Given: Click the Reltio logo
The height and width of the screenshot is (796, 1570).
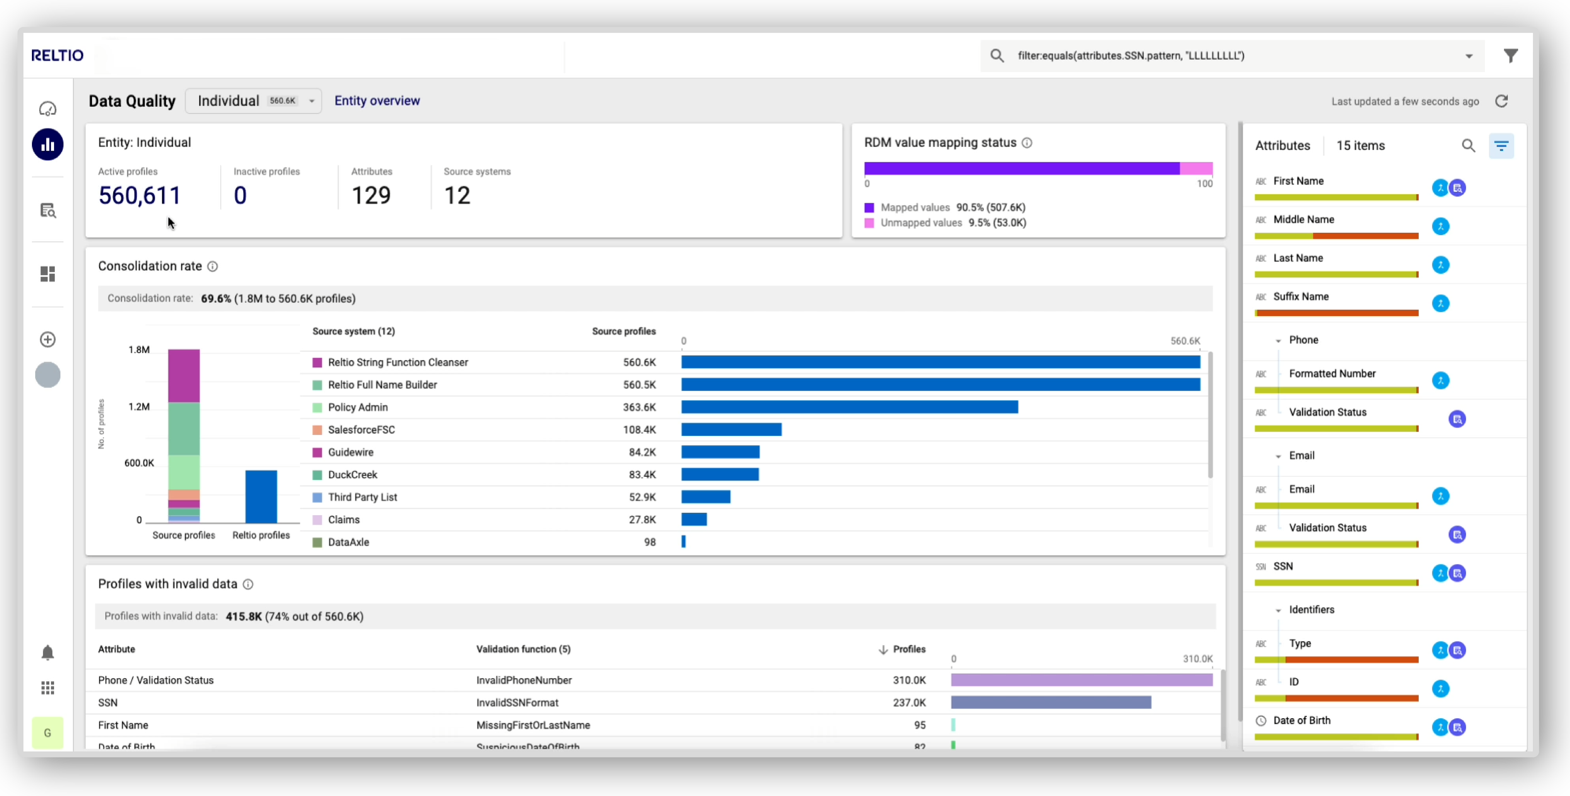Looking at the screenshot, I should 57,55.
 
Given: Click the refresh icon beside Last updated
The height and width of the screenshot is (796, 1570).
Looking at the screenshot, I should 1501,101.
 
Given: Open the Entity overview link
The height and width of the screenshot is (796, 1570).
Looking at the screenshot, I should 377,101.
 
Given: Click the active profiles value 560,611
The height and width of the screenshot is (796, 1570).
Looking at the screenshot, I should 140,195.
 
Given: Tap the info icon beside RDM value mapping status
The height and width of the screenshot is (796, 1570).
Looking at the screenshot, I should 1027,143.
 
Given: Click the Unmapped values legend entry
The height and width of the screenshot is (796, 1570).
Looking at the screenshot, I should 945,223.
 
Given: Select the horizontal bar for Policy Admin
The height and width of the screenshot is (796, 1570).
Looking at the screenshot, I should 849,407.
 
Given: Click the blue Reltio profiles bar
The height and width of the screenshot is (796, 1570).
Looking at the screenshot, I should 261,496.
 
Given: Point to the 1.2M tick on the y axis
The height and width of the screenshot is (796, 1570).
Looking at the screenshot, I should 139,406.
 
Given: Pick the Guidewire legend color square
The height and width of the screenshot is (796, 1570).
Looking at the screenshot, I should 317,452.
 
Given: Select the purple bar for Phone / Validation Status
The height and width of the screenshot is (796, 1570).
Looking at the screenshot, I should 1081,680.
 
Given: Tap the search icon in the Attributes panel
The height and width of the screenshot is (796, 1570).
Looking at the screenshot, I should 1468,145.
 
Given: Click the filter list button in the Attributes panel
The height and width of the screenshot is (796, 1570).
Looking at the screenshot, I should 1501,145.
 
